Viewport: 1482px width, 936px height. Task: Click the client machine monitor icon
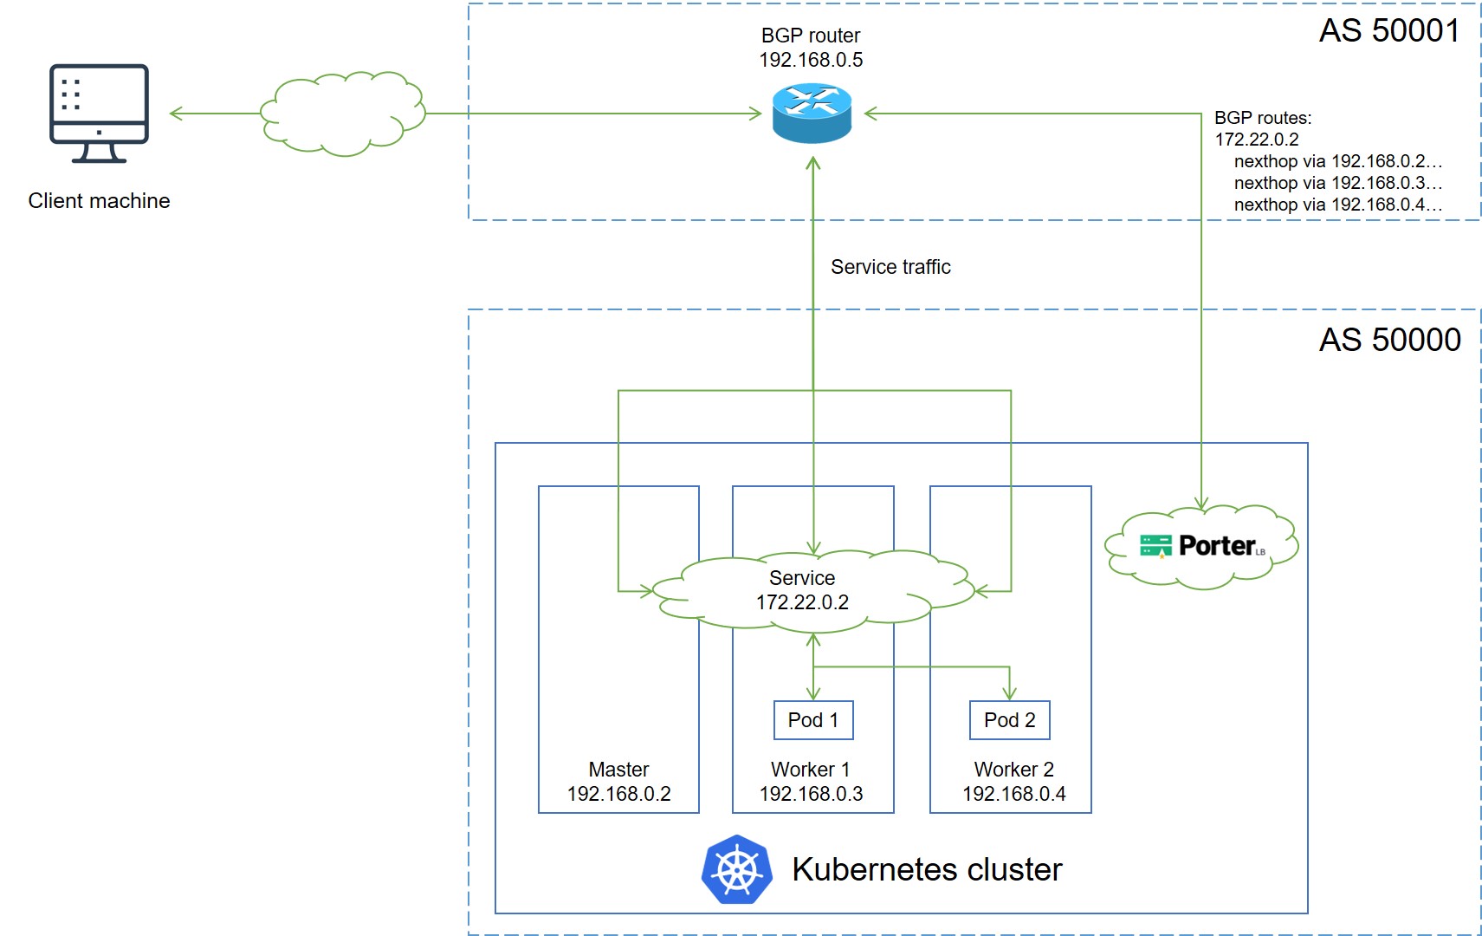click(x=99, y=113)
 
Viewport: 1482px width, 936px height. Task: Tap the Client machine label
click(x=99, y=201)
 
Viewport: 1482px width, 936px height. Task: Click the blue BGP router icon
click(x=812, y=113)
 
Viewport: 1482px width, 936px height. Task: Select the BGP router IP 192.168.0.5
click(x=811, y=60)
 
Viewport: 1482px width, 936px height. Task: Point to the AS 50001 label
click(x=1389, y=31)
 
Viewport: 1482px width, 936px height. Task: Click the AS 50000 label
click(x=1389, y=340)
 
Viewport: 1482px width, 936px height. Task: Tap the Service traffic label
click(x=890, y=267)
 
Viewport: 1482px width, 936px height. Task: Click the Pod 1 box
click(x=812, y=720)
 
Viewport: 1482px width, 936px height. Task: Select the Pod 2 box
click(x=1009, y=720)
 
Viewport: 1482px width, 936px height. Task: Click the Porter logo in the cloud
click(x=1202, y=546)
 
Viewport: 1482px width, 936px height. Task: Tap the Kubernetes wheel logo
click(x=736, y=869)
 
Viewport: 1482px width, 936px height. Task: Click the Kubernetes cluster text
click(x=927, y=869)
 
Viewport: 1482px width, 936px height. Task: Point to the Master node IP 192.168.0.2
click(x=618, y=794)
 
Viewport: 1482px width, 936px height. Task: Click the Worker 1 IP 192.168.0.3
click(x=811, y=794)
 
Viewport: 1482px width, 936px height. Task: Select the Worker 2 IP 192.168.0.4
click(x=1013, y=794)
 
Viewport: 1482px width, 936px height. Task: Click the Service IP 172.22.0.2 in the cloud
click(x=802, y=602)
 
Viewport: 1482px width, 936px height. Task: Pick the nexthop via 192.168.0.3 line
click(x=1337, y=183)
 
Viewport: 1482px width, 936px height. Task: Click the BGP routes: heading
click(x=1263, y=118)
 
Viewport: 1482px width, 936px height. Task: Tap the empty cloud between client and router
click(x=343, y=114)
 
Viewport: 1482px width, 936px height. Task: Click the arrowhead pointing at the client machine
click(x=176, y=114)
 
